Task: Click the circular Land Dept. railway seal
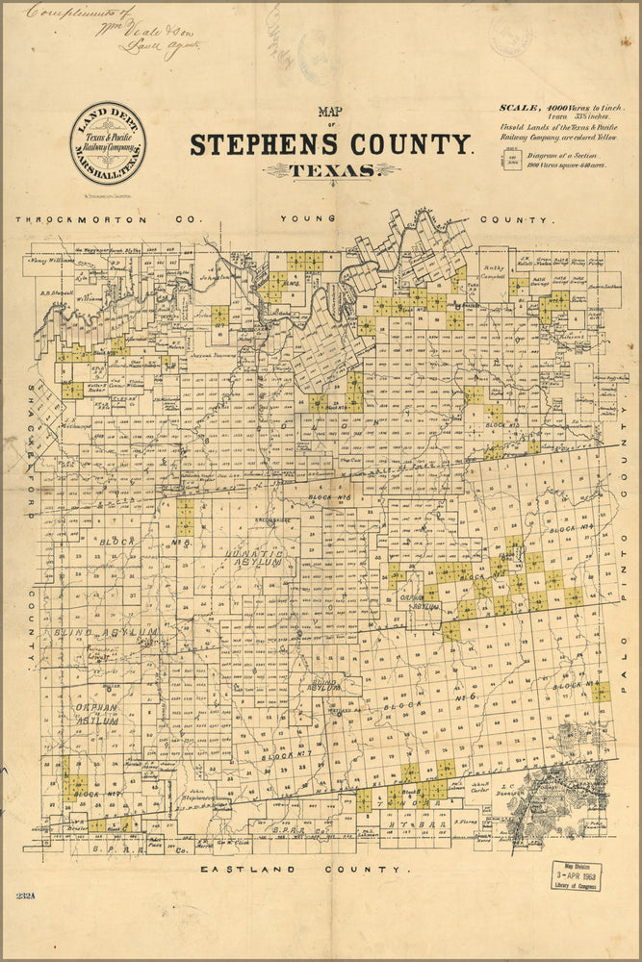[108, 143]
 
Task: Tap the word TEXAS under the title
[332, 170]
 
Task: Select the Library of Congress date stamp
[575, 878]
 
